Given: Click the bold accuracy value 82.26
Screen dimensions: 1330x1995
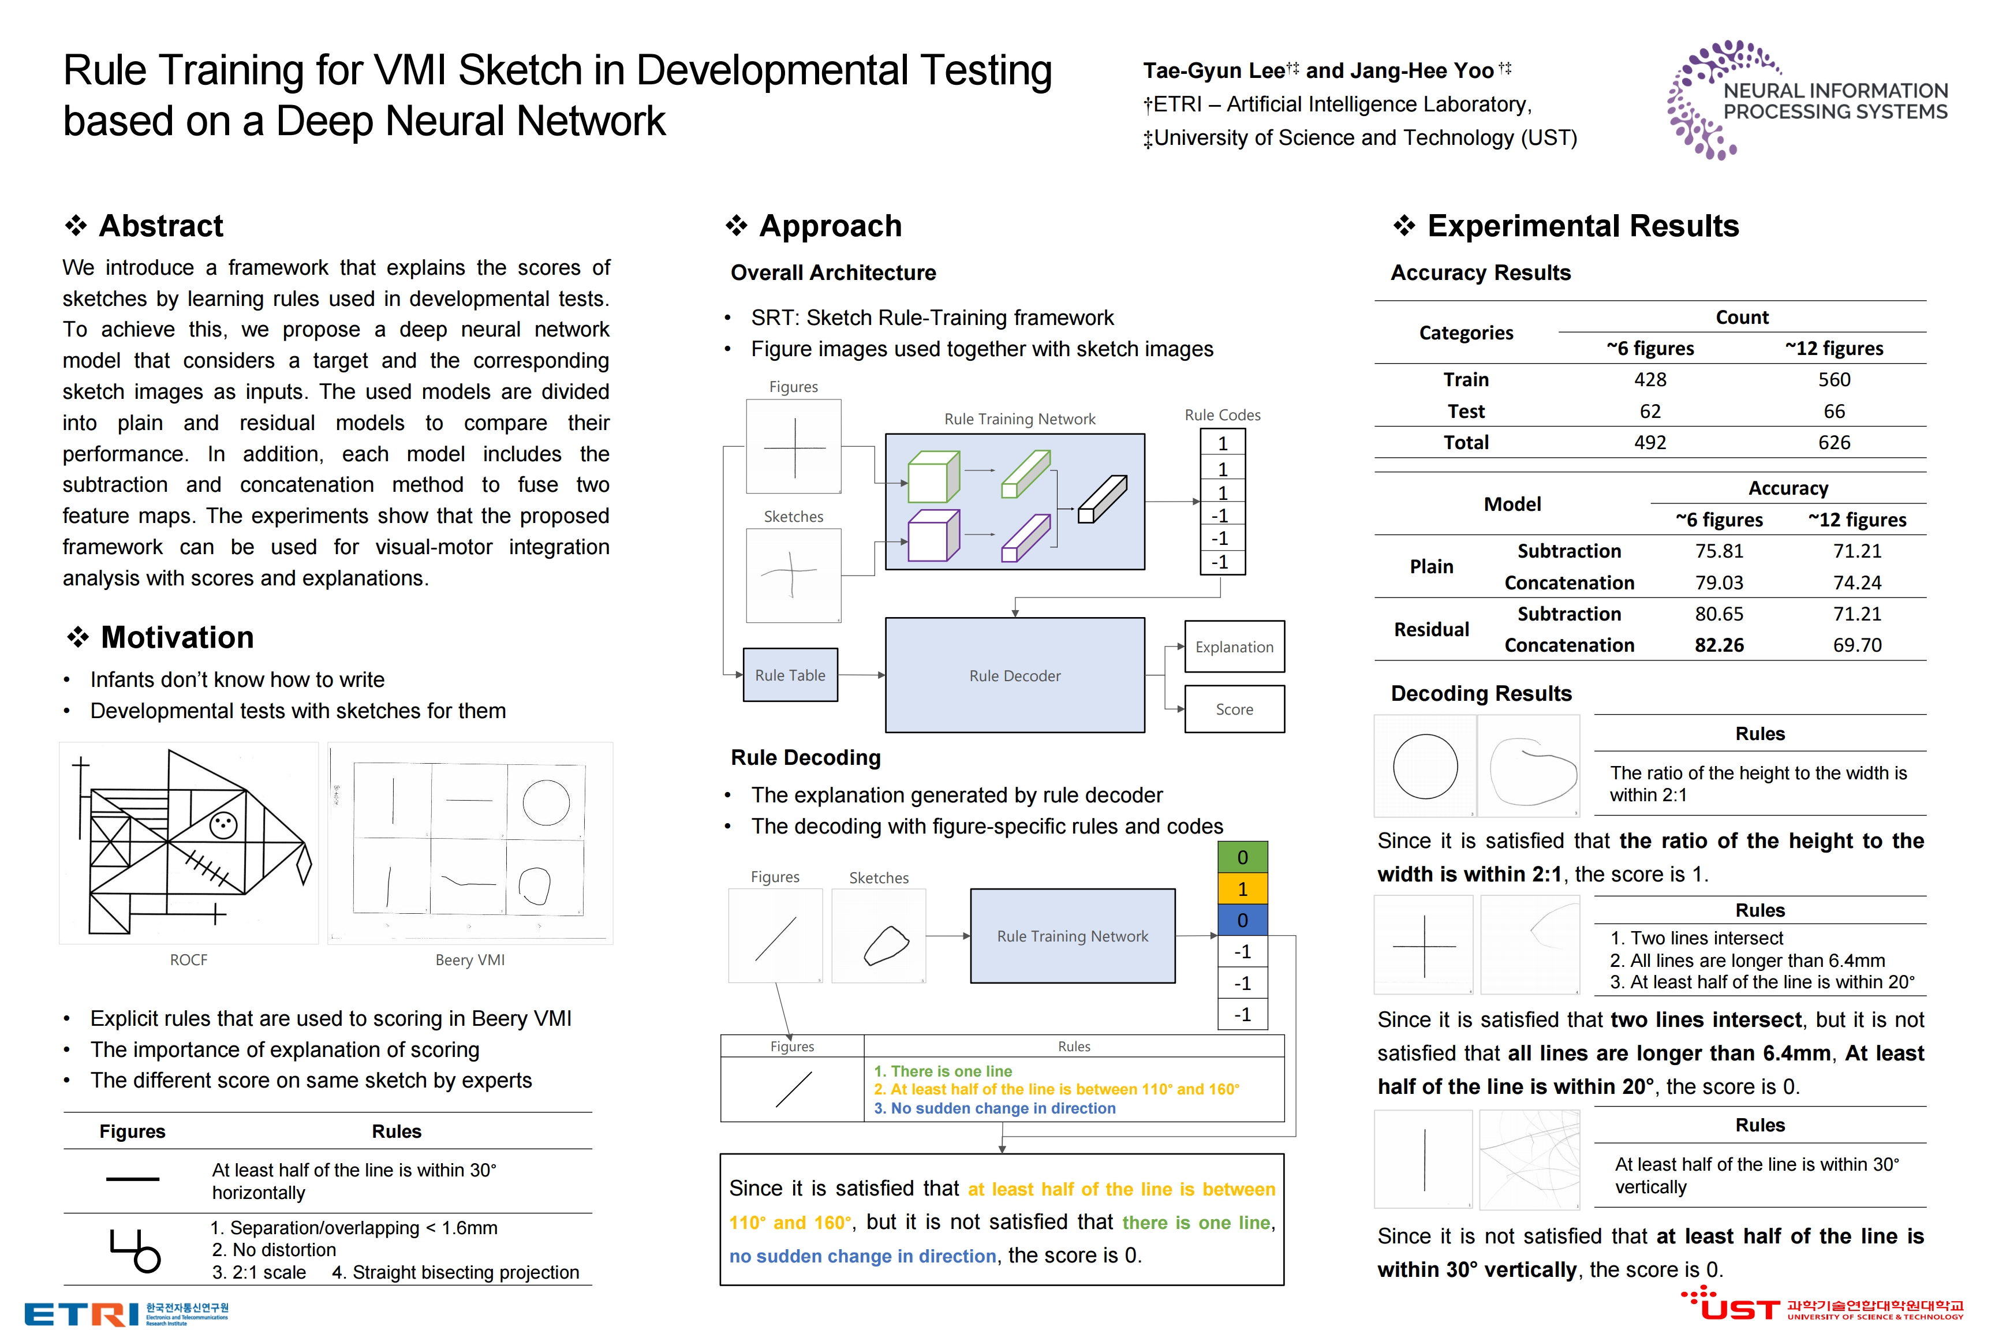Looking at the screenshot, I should tap(1718, 645).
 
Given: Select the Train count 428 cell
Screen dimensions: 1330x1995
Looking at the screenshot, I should tap(1650, 380).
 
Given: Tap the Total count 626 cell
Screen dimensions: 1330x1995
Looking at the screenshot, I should tap(1834, 443).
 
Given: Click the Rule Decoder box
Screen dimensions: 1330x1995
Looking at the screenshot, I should tap(1014, 675).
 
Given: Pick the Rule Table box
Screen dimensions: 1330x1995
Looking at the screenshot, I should tap(790, 675).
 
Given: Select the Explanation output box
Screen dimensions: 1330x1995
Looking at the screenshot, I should tap(1234, 647).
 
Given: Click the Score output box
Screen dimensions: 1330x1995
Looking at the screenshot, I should tap(1234, 709).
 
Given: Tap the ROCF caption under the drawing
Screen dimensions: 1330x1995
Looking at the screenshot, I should tap(188, 960).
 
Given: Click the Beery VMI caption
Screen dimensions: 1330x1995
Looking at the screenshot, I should tap(470, 960).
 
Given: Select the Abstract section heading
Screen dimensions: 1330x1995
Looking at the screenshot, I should tap(160, 226).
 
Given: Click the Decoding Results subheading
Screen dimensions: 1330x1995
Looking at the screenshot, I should tap(1481, 694).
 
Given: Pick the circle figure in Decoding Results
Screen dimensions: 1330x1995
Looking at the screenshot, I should tap(1425, 767).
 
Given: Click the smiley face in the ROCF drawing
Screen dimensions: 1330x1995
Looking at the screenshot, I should tap(223, 824).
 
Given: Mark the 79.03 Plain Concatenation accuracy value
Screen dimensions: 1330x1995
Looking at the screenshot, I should tap(1718, 582).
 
